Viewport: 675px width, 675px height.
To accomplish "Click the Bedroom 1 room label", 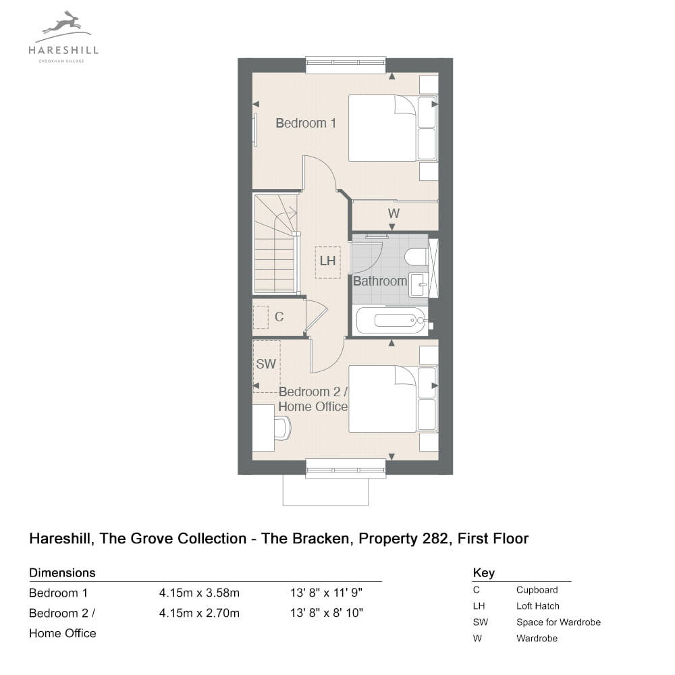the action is point(306,123).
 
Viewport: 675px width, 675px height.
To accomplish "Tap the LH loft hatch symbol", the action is point(327,262).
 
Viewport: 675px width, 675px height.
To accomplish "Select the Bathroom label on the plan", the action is point(380,281).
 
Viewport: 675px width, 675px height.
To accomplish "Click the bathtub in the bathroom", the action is point(391,320).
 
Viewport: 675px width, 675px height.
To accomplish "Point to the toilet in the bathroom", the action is point(416,257).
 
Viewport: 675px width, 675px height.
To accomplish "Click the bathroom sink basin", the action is point(418,285).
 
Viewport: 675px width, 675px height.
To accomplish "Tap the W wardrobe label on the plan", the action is point(394,213).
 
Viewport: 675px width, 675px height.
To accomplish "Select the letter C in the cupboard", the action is point(279,317).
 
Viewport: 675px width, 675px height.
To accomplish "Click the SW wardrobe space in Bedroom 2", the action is point(267,367).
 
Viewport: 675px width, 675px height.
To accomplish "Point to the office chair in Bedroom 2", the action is point(282,428).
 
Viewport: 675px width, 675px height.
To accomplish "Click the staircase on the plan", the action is point(275,244).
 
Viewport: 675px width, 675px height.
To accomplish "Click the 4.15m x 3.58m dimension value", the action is point(199,593).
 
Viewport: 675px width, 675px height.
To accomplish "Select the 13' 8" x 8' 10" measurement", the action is point(327,613).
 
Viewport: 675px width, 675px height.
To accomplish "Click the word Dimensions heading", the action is point(62,572).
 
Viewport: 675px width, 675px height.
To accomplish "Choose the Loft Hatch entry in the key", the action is point(538,606).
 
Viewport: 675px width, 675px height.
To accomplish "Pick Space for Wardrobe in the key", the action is point(558,622).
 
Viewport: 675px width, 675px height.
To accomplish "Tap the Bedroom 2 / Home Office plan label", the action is point(313,399).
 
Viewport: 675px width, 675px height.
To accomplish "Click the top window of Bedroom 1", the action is point(346,62).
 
